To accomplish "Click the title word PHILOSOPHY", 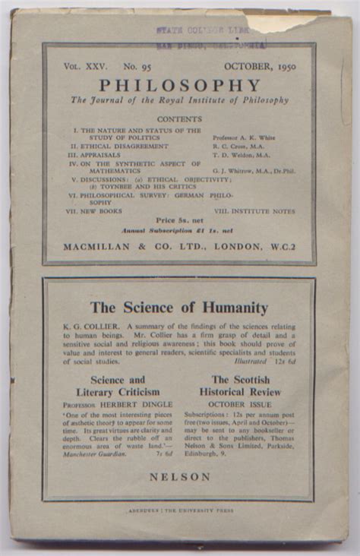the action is click(x=179, y=86).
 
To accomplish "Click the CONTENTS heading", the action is click(x=179, y=118).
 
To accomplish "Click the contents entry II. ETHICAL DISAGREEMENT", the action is click(x=119, y=146).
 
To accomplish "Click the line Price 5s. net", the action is click(x=179, y=220).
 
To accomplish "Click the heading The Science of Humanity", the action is click(x=179, y=308).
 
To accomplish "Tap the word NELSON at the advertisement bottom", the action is click(x=180, y=476).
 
